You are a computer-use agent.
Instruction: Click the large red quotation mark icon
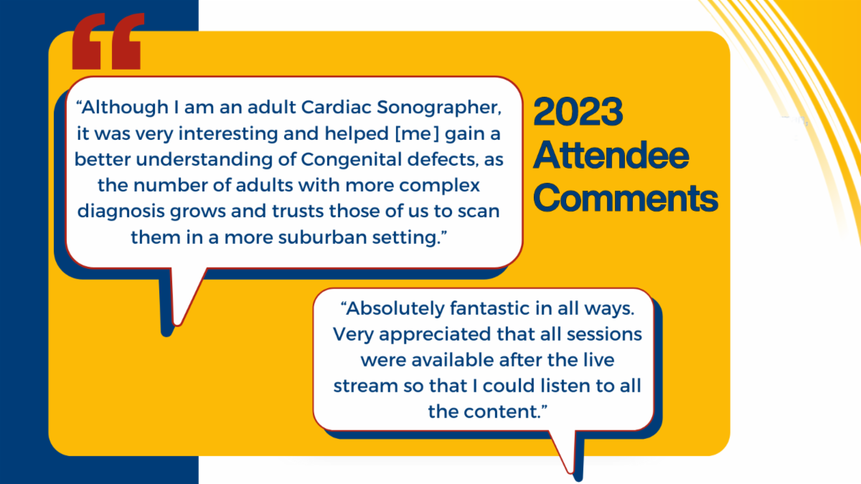pyautogui.click(x=108, y=41)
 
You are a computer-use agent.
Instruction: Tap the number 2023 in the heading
pyautogui.click(x=578, y=112)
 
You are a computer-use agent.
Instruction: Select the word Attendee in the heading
pyautogui.click(x=611, y=155)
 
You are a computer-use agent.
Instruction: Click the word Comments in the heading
pyautogui.click(x=626, y=198)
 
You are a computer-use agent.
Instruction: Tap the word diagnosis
pyautogui.click(x=121, y=212)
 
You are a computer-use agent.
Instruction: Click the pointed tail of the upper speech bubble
pyautogui.click(x=177, y=324)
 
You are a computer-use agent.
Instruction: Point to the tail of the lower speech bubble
pyautogui.click(x=571, y=471)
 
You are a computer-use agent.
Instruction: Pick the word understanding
pyautogui.click(x=204, y=160)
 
